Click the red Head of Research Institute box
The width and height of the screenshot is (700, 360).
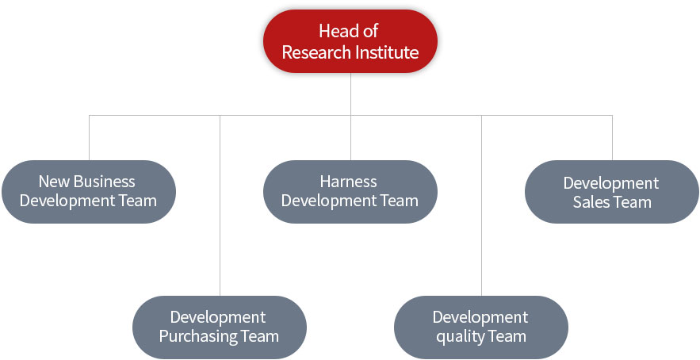pyautogui.click(x=350, y=41)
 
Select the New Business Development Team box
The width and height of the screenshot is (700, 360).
pyautogui.click(x=89, y=192)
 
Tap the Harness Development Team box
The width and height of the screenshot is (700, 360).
pyautogui.click(x=350, y=192)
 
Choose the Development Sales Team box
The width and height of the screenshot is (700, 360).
pyautogui.click(x=612, y=192)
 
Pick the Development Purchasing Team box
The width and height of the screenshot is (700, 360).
pyautogui.click(x=220, y=327)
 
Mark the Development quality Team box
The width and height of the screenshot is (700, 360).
pyautogui.click(x=481, y=327)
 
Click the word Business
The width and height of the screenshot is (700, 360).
pyautogui.click(x=104, y=182)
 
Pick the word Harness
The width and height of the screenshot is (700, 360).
pyautogui.click(x=349, y=182)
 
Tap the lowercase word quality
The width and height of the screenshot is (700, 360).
pyautogui.click(x=457, y=337)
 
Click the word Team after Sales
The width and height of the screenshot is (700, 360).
pyautogui.click(x=631, y=202)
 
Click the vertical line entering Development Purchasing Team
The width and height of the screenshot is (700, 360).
pyautogui.click(x=220, y=205)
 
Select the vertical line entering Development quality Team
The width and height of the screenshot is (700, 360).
pyautogui.click(x=481, y=205)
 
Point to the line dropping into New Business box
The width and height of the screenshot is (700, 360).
pyautogui.click(x=89, y=137)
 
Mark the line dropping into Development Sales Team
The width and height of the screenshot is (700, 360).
pyautogui.click(x=612, y=137)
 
